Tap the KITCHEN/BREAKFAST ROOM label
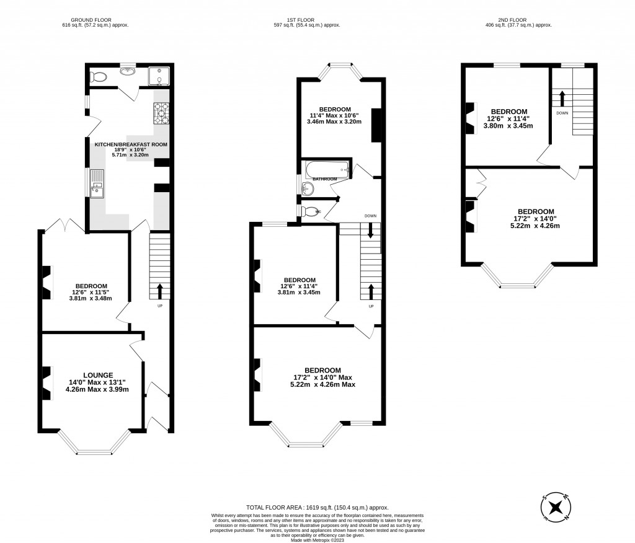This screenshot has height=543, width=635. (131, 144)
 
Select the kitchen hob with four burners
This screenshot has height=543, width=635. (161, 113)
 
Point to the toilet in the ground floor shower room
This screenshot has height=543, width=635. (97, 77)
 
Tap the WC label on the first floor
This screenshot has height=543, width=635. (318, 212)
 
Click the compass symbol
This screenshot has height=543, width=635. (556, 506)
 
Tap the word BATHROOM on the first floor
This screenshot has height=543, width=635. (324, 179)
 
